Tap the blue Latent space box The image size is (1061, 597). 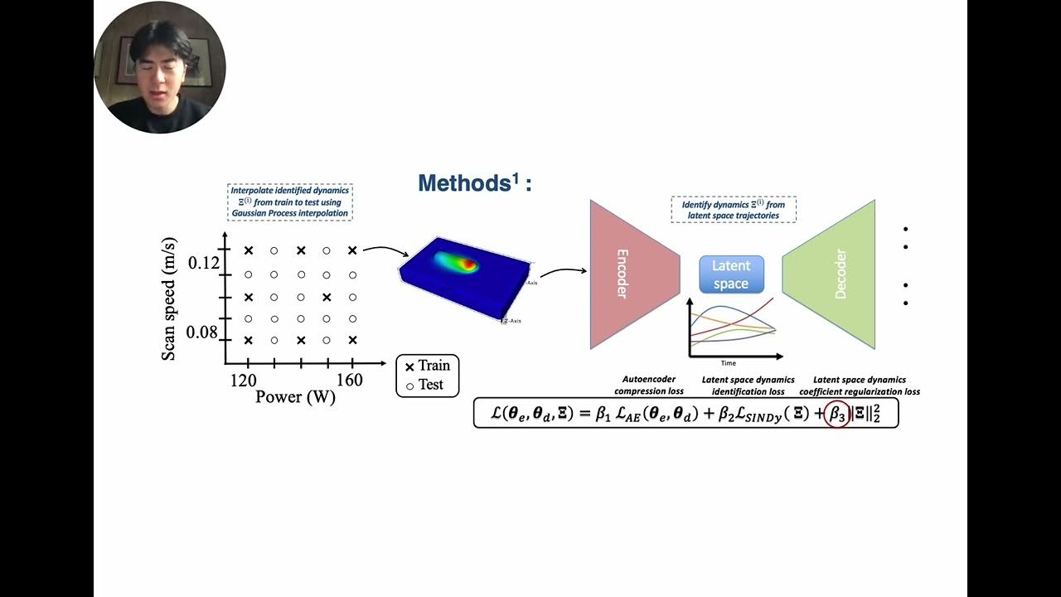(730, 274)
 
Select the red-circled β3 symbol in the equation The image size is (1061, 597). (837, 413)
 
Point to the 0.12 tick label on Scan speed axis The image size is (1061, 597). (204, 263)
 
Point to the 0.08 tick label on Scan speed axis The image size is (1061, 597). (204, 332)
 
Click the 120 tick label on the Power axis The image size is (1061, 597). (243, 381)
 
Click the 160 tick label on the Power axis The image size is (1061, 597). (350, 381)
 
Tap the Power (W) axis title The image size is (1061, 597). (295, 397)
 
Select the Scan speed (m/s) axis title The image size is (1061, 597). (168, 299)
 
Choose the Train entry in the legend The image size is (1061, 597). (427, 366)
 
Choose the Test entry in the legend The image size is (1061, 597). (427, 385)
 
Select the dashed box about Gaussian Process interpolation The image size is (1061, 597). (290, 202)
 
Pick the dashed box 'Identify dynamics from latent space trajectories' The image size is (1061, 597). (734, 210)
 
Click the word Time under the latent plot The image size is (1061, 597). (728, 363)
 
